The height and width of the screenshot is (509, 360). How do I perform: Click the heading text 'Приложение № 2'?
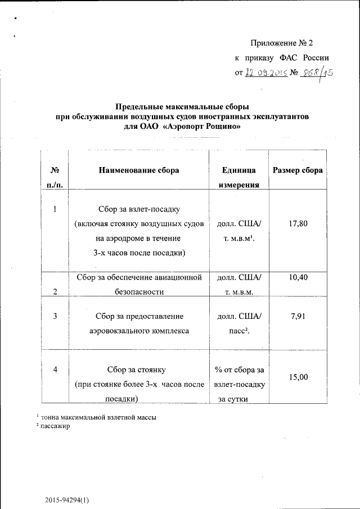coord(281,43)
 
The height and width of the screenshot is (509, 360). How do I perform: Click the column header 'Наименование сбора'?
coord(138,170)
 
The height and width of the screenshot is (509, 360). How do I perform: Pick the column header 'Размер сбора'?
coord(298,170)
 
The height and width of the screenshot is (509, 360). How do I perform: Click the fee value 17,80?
coord(298,224)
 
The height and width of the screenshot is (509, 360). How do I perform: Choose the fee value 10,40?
coord(298,278)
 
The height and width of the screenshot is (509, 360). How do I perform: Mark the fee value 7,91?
coord(298,317)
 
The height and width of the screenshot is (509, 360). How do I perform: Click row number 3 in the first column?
coord(55,317)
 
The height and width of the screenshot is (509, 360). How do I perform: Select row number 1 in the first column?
coord(55,210)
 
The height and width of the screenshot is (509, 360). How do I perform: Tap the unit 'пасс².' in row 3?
coord(239,332)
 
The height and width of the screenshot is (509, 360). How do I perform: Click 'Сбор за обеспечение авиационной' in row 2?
coord(138,278)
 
